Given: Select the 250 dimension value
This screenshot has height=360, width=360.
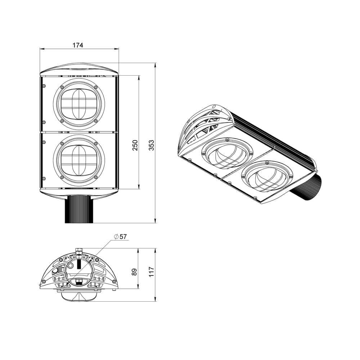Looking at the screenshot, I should point(135,145).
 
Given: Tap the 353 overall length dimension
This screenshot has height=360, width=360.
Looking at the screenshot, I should point(151,145).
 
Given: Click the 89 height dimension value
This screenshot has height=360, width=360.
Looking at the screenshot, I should point(135,272).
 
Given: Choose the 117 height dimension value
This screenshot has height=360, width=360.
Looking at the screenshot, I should point(151,272).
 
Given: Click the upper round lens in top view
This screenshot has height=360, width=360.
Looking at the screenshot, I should point(79,105).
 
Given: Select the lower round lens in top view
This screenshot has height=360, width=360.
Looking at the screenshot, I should point(79,161).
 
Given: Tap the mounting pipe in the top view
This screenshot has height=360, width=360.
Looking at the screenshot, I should point(79,210).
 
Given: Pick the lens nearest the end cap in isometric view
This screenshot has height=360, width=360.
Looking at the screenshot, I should point(225,153).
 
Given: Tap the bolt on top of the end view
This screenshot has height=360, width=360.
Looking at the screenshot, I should point(79,251).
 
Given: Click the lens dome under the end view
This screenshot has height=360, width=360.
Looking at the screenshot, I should point(79,296).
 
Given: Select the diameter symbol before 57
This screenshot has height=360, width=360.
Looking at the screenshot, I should point(116,237).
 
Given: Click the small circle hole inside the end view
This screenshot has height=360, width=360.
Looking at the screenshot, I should point(71,266).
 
